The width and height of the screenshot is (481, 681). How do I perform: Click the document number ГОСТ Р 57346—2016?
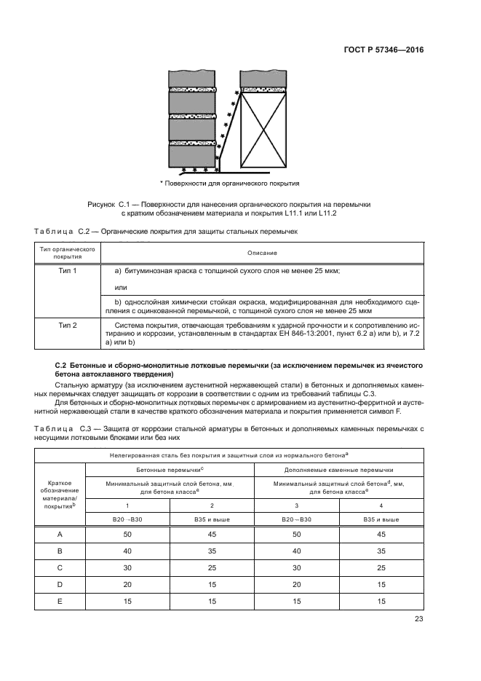(x=383, y=50)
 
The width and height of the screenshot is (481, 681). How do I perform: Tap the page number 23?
(x=418, y=619)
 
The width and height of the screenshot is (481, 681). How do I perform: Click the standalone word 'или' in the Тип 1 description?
(x=122, y=288)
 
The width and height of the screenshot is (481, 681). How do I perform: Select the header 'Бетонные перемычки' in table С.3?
(x=170, y=470)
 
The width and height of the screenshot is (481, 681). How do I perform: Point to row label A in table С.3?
(x=60, y=535)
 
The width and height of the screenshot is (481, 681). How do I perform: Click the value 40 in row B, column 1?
(x=128, y=551)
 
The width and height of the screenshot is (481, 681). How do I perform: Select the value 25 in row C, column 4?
(x=381, y=567)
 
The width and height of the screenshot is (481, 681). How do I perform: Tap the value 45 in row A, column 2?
(x=212, y=535)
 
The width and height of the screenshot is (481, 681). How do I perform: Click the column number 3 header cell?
(x=296, y=504)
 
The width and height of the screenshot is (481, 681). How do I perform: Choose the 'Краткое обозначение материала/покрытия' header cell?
(x=60, y=495)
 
